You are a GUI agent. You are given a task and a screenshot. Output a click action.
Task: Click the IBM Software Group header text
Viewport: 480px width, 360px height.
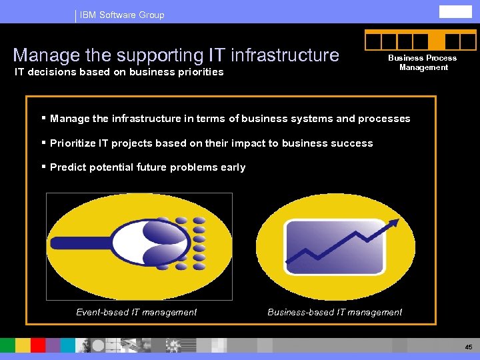tap(121, 15)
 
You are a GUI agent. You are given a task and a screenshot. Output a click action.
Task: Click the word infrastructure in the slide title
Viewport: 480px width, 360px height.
tap(285, 55)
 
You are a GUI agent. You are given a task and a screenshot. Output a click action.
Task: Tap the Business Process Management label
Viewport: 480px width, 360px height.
tap(423, 63)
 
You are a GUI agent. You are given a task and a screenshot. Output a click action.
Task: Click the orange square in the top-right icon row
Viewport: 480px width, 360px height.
tap(437, 42)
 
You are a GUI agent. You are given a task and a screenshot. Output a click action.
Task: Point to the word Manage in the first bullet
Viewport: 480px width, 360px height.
tap(70, 119)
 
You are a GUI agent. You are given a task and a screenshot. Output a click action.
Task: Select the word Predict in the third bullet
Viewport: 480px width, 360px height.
tap(67, 167)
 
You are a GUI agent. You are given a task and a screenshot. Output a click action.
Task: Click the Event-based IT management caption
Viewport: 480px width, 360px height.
tap(136, 312)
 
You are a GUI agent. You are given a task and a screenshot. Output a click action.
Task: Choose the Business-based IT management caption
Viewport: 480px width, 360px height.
tap(335, 312)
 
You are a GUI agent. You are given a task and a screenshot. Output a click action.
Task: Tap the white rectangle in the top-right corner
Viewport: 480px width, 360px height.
tap(455, 11)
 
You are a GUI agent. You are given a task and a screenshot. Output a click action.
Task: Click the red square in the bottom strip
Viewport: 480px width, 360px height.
tap(38, 345)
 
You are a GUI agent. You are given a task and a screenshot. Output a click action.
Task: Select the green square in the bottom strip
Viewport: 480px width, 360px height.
tap(7, 345)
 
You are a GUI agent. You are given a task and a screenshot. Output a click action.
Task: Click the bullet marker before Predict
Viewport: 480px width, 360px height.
tap(43, 167)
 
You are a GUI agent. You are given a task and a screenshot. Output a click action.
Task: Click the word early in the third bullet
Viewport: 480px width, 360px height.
tap(233, 167)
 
